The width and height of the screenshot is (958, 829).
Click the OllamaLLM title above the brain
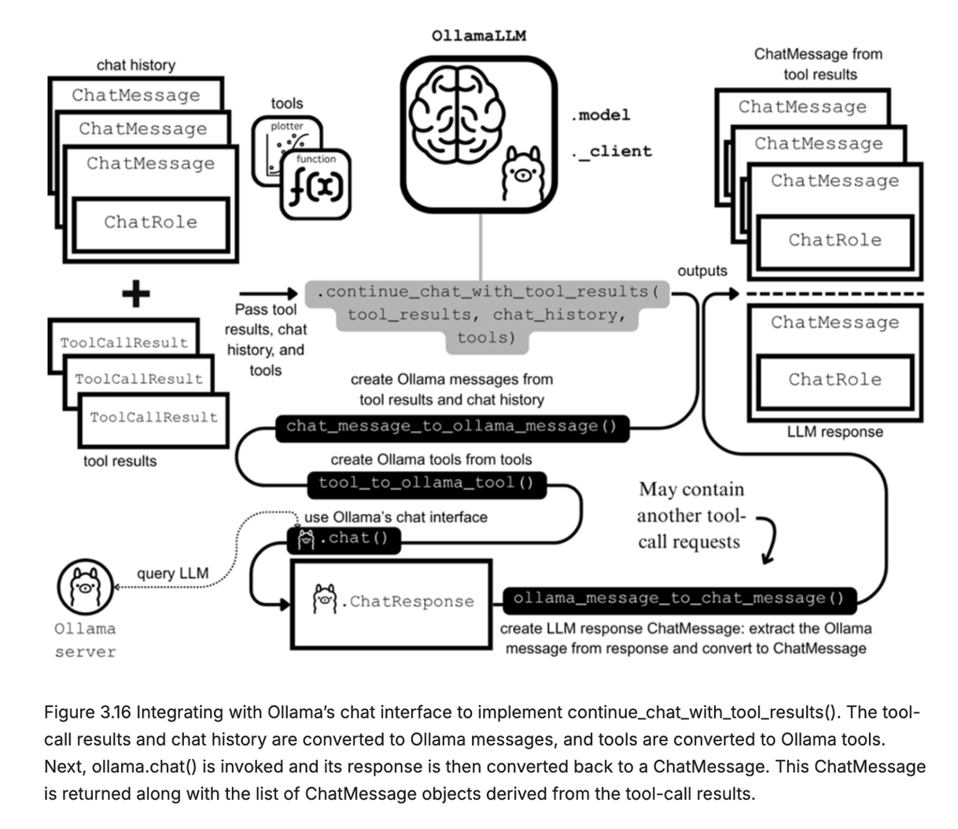pos(478,35)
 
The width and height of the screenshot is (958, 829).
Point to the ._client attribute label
pos(613,151)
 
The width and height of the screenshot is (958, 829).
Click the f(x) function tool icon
pos(316,185)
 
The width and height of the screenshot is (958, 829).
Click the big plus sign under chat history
pos(136,295)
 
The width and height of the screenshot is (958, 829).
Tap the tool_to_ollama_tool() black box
pos(426,483)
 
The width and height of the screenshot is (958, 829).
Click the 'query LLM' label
pos(173,573)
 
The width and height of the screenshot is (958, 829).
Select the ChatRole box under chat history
pos(151,223)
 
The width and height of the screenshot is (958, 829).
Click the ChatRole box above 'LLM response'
pos(835,380)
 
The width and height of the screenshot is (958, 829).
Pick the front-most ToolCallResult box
pos(154,418)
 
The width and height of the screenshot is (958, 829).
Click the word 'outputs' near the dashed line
pos(702,271)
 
